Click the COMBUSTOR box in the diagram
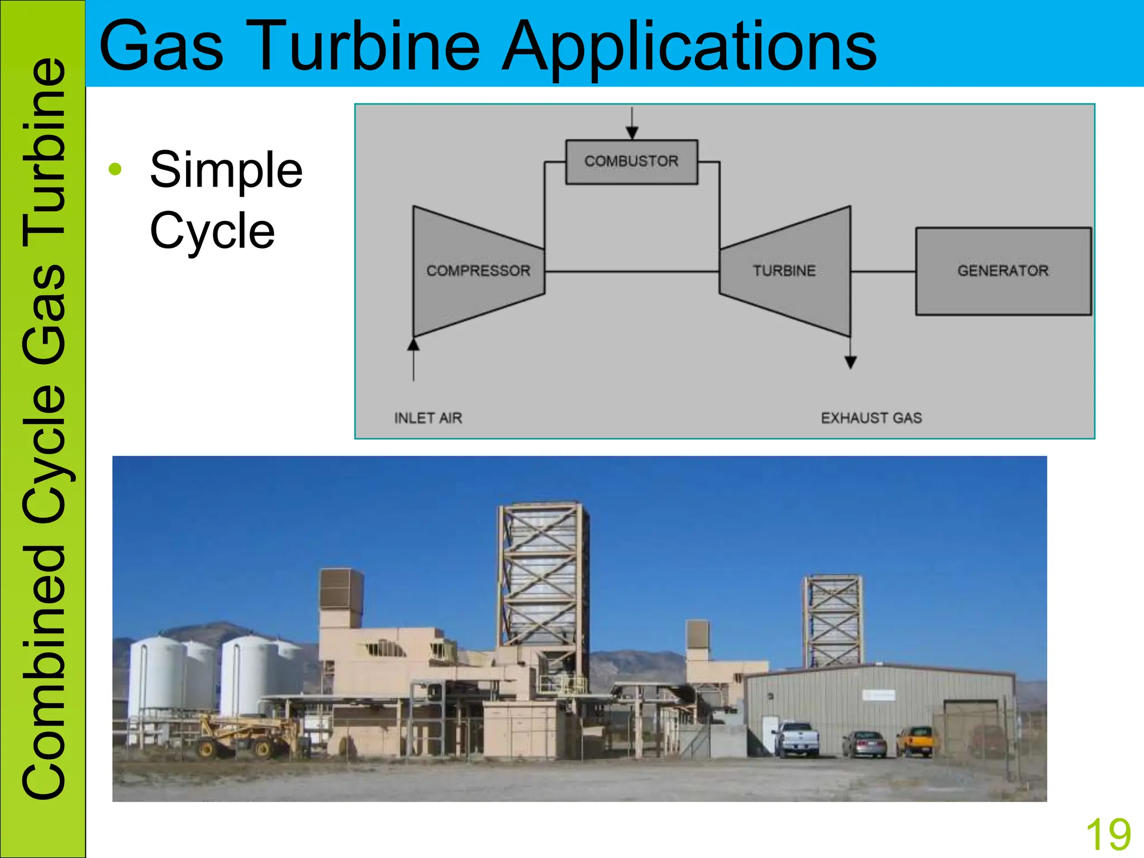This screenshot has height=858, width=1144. [x=631, y=161]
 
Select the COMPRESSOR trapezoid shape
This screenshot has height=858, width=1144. [x=478, y=271]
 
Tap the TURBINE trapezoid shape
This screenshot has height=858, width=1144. [x=784, y=271]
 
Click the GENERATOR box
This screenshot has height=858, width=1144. [x=1003, y=271]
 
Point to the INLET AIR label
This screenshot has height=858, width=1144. [x=428, y=418]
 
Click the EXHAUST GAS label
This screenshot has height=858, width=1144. [x=871, y=418]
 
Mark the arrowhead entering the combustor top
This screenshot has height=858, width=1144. [x=632, y=132]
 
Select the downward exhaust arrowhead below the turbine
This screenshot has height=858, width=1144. [x=850, y=363]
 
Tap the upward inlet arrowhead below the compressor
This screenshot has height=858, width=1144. [x=413, y=344]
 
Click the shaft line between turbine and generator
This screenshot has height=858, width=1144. [x=883, y=271]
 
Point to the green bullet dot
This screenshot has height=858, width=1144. [x=115, y=169]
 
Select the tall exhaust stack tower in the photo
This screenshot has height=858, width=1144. [x=542, y=575]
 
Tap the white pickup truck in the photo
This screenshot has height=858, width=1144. [x=797, y=738]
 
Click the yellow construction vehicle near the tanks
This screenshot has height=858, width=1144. [x=240, y=735]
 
